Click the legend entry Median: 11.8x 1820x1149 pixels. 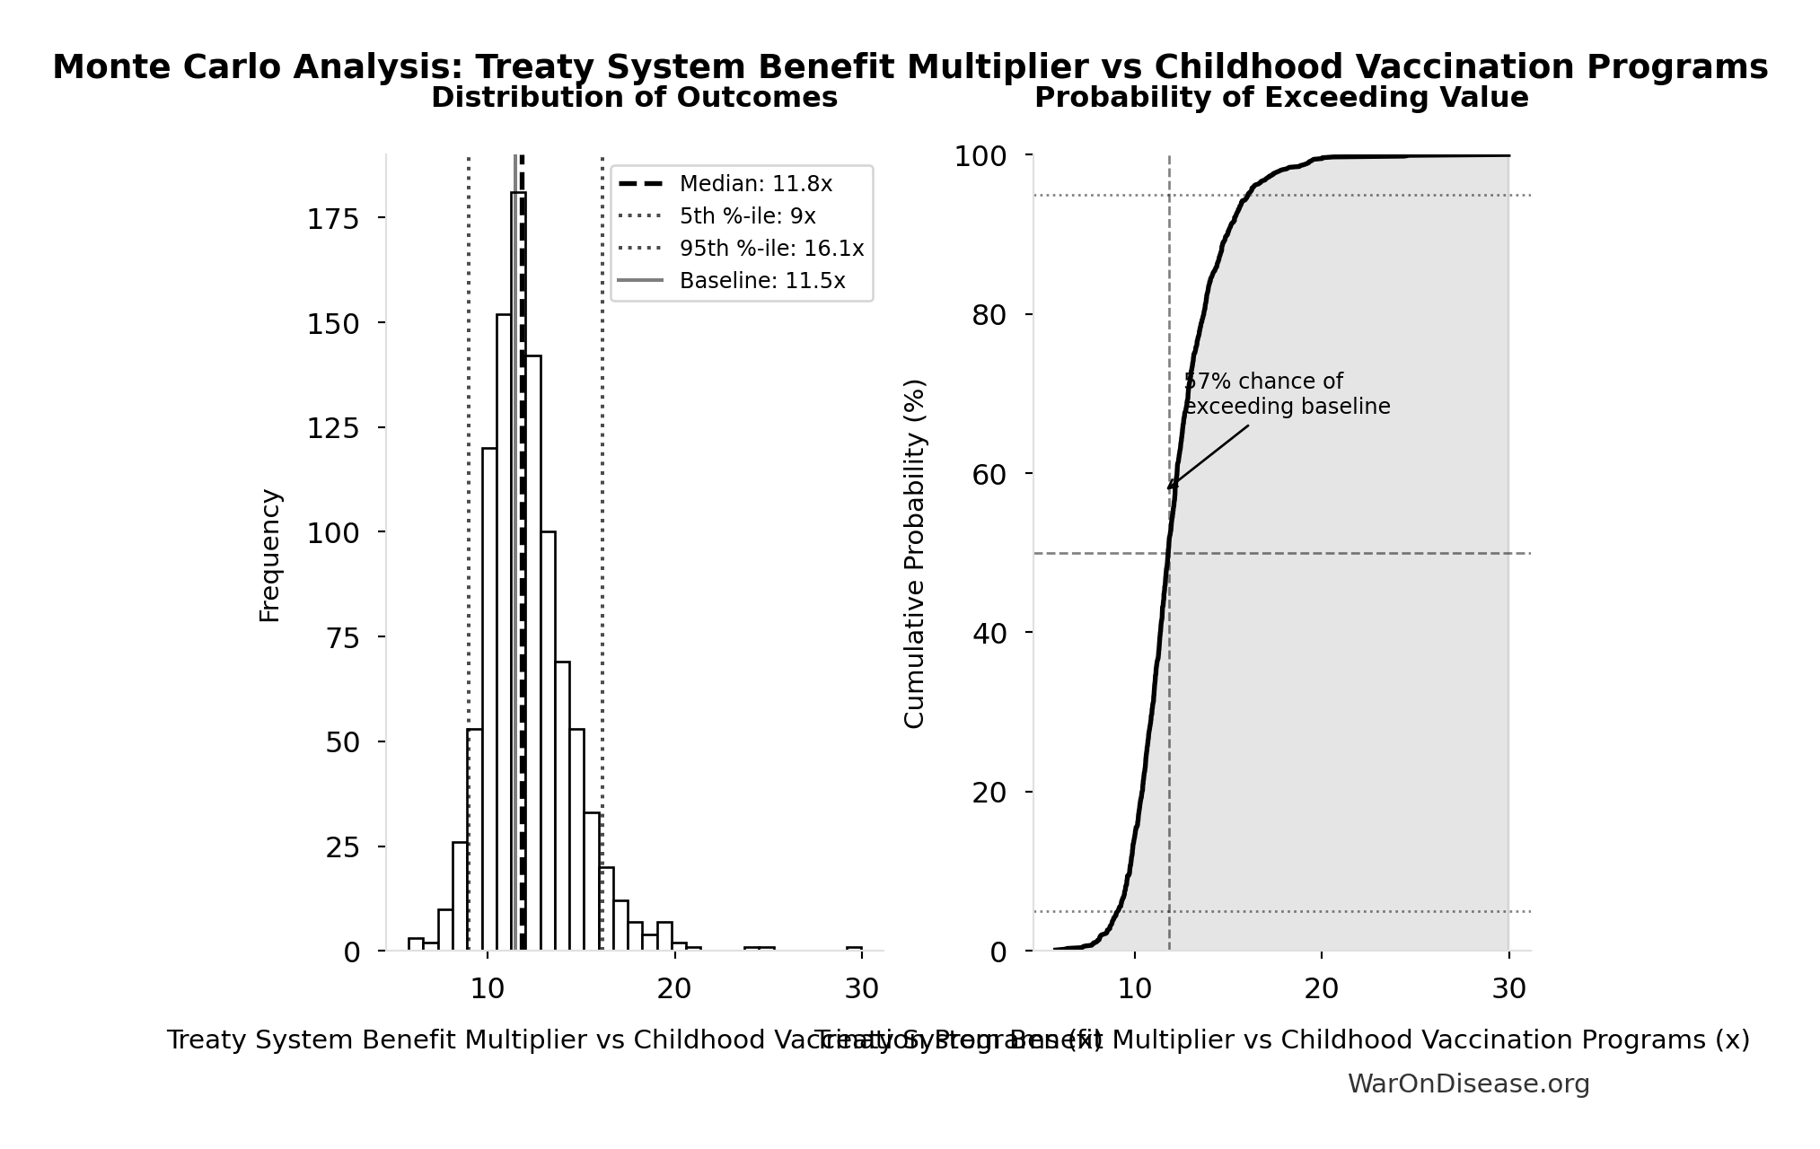[x=755, y=184]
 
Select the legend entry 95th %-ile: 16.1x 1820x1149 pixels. [x=771, y=249]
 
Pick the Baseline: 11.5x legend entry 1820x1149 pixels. [x=761, y=281]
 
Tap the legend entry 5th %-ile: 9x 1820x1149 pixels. [x=747, y=216]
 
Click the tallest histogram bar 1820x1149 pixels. [x=518, y=574]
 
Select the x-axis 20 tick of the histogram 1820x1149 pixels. [x=673, y=988]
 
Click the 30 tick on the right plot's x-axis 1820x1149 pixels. [x=1508, y=988]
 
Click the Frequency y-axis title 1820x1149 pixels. [x=270, y=555]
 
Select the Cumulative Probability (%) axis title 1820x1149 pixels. [x=914, y=553]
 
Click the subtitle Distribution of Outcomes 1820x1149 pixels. [x=634, y=98]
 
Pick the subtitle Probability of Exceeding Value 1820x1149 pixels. [x=1281, y=98]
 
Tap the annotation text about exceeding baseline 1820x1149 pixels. [x=1286, y=394]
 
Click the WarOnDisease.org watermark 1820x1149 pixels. [x=1468, y=1083]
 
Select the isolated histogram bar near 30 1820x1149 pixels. [x=854, y=948]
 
